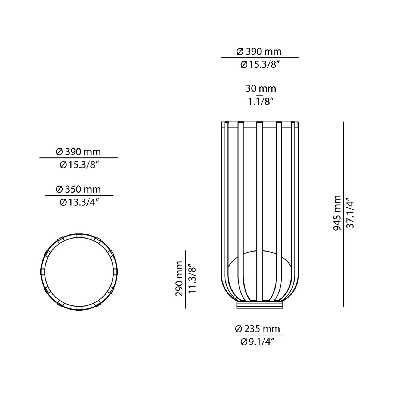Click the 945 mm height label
pos(337,213)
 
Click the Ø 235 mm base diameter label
pos(257,329)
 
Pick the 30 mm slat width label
pos(261,88)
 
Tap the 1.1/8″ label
pos(260,102)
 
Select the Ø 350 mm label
pos(78,189)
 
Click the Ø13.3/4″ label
pos(79,202)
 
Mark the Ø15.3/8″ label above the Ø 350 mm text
pos(78,165)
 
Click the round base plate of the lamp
pos(260,304)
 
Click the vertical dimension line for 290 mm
pos(185,279)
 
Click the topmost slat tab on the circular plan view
pos(79,234)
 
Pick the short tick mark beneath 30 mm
pos(260,95)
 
